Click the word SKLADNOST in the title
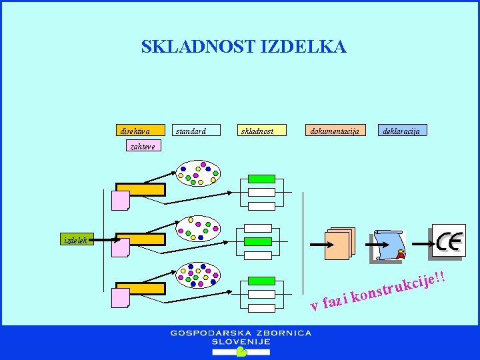(198, 47)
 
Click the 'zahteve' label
(141, 144)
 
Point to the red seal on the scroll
(400, 254)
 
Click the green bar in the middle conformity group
(258, 241)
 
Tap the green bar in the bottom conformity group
(261, 281)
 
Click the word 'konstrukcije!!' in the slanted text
(397, 286)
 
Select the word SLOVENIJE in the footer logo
(240, 341)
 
